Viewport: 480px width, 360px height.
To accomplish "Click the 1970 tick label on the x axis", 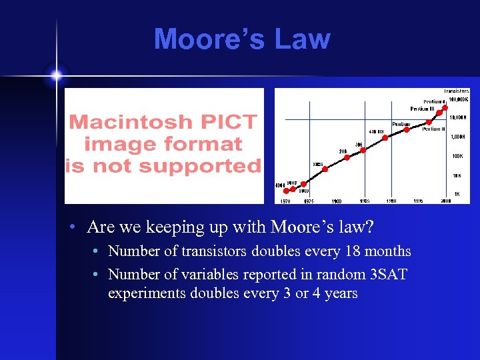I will point(285,201).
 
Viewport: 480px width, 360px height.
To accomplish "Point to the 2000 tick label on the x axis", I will point(447,201).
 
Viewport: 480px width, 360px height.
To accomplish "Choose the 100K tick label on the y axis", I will point(457,156).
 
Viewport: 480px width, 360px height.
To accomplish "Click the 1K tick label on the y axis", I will point(457,194).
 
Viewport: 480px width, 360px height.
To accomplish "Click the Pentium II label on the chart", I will point(434,129).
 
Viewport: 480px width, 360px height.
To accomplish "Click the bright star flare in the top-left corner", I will point(56,75).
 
